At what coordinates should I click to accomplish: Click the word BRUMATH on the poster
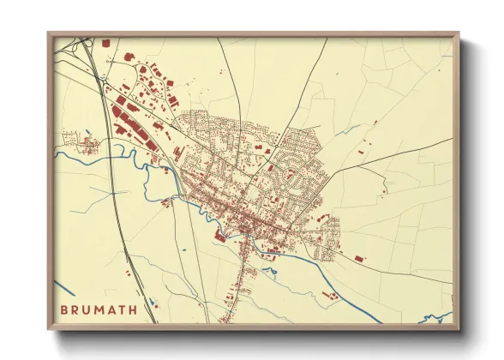[99, 309]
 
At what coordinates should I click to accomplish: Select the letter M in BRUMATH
[99, 309]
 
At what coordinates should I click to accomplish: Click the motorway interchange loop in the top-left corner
[82, 45]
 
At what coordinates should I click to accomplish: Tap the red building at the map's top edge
[105, 42]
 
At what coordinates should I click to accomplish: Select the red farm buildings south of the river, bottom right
[330, 296]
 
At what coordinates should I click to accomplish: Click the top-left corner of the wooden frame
[49, 33]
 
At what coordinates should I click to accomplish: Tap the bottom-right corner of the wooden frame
[458, 329]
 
